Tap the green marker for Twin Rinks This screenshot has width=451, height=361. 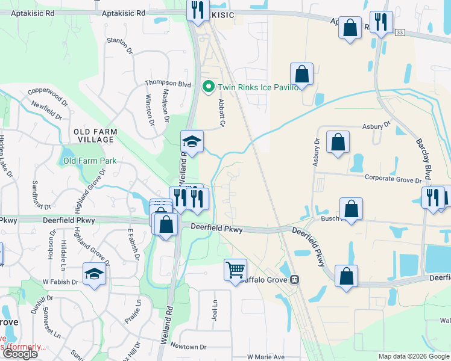tap(209, 87)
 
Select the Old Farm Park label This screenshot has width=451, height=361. tap(90, 161)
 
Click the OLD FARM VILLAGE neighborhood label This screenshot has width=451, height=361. tap(93, 135)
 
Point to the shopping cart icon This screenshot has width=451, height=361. tap(236, 269)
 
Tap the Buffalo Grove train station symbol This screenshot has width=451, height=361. tap(295, 279)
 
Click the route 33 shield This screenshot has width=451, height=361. tap(400, 31)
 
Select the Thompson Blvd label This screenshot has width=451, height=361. tap(168, 84)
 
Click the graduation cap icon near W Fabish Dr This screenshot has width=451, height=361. tap(94, 274)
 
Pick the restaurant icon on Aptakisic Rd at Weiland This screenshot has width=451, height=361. tap(197, 10)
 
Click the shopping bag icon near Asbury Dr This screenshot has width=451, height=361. tap(338, 143)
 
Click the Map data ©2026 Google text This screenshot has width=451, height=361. tap(414, 356)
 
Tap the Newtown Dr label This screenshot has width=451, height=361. tap(188, 347)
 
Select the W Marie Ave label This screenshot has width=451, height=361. tap(265, 357)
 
